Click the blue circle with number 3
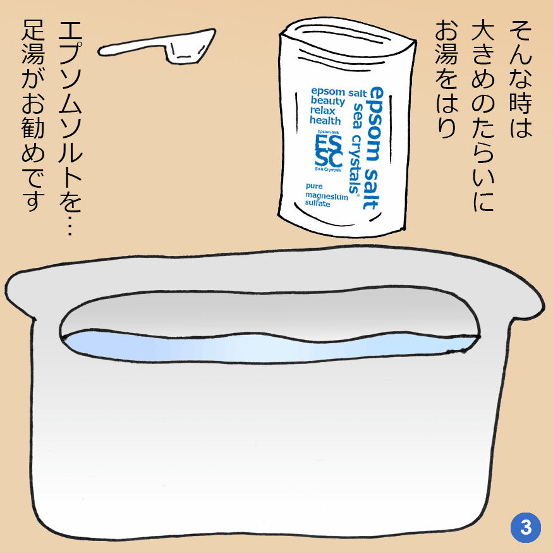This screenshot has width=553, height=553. point(525,528)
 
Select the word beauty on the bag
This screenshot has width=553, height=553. point(327,101)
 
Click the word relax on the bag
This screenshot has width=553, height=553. point(322,111)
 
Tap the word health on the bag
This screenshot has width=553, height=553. point(325,121)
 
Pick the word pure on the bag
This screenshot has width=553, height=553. point(314,186)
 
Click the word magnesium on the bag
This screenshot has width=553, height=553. point(327,196)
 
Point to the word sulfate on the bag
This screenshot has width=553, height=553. point(317,204)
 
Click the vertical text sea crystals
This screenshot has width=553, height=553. point(356,148)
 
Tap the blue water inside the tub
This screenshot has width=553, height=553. point(268,348)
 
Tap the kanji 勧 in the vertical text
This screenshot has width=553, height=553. point(33,128)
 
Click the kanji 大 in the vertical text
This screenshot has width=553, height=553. point(483,32)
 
